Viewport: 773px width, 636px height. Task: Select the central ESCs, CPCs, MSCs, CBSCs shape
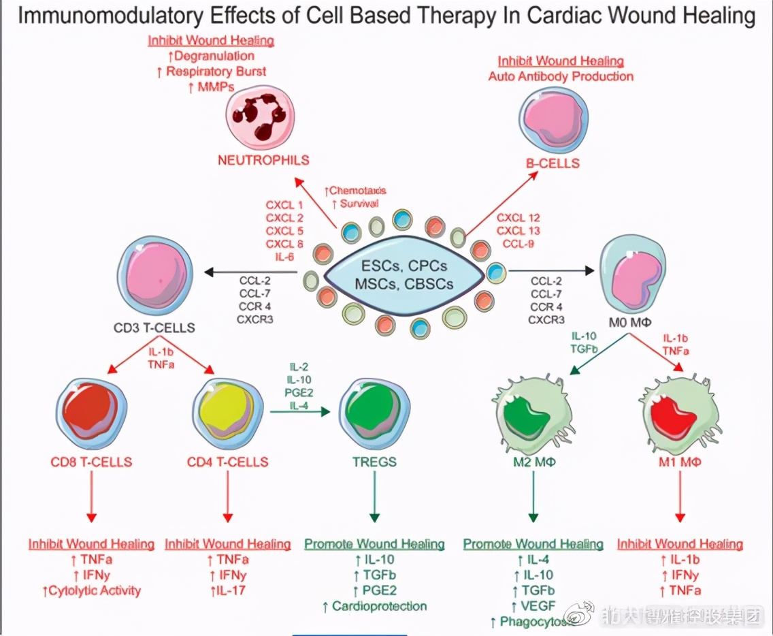(397, 274)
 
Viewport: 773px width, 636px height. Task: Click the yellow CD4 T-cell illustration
(227, 411)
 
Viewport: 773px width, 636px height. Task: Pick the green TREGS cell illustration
(374, 411)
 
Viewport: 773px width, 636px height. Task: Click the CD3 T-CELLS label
(154, 328)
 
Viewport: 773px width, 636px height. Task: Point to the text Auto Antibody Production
(561, 76)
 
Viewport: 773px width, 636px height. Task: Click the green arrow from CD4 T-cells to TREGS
(299, 412)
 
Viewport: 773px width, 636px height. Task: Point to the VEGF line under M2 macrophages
(533, 605)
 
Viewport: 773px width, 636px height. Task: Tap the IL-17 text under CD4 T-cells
(228, 590)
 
